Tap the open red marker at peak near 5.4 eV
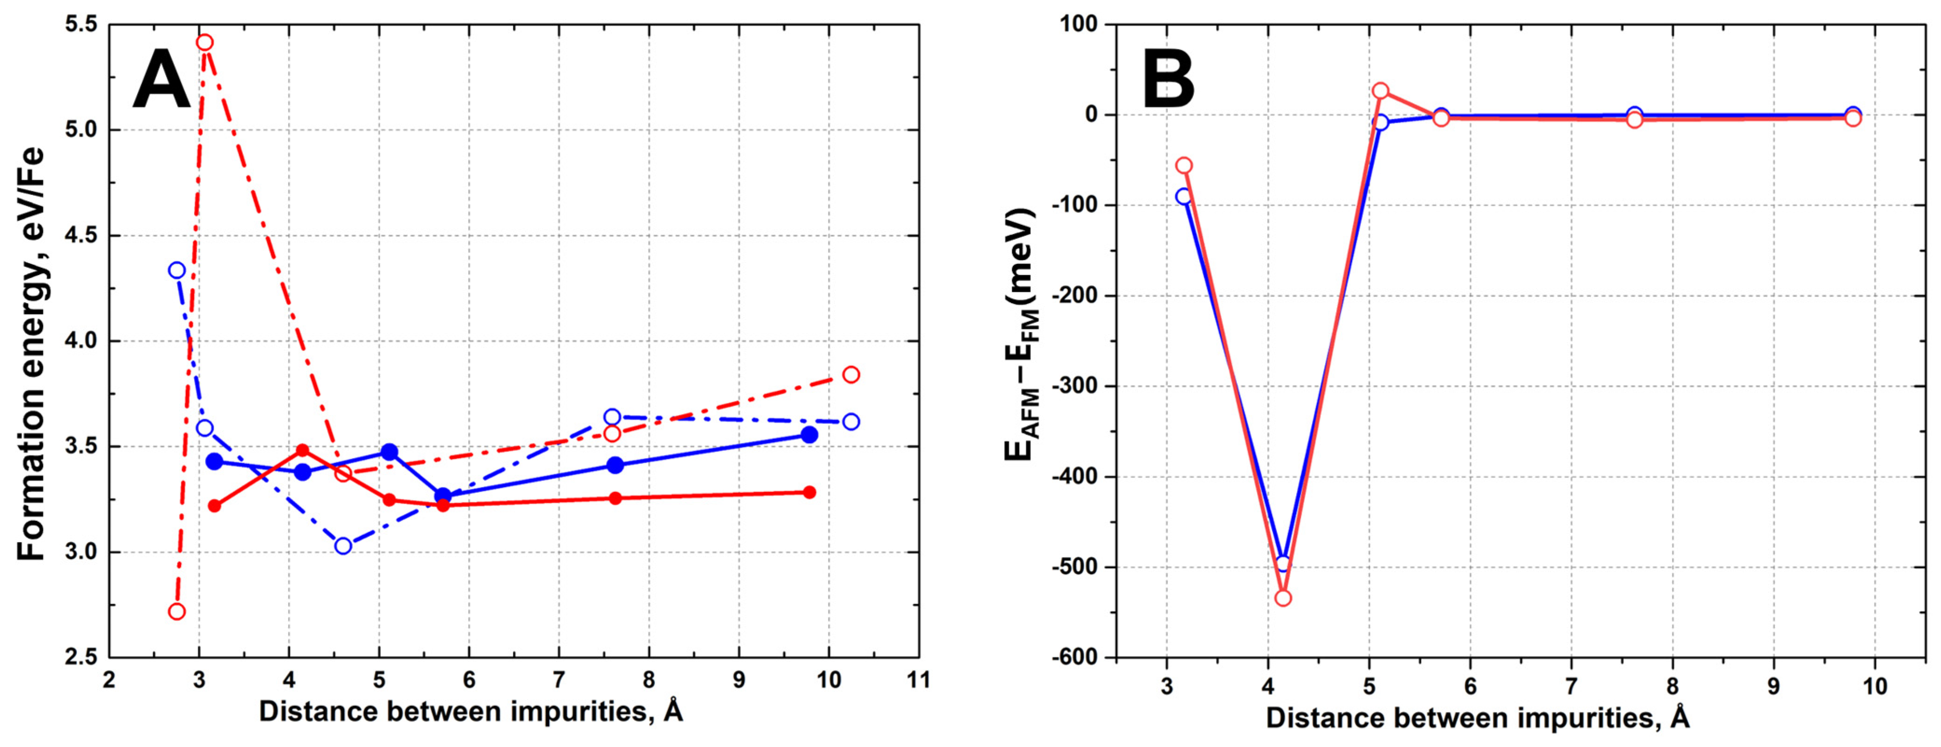204,42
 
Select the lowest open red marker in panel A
177,611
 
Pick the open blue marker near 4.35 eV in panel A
177,270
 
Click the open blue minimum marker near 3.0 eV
343,546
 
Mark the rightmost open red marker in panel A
851,374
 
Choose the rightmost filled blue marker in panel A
809,435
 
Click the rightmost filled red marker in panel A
809,492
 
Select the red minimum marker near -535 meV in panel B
1283,598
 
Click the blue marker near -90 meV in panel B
1184,196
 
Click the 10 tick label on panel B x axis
1875,686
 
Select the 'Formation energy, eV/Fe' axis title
32,354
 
